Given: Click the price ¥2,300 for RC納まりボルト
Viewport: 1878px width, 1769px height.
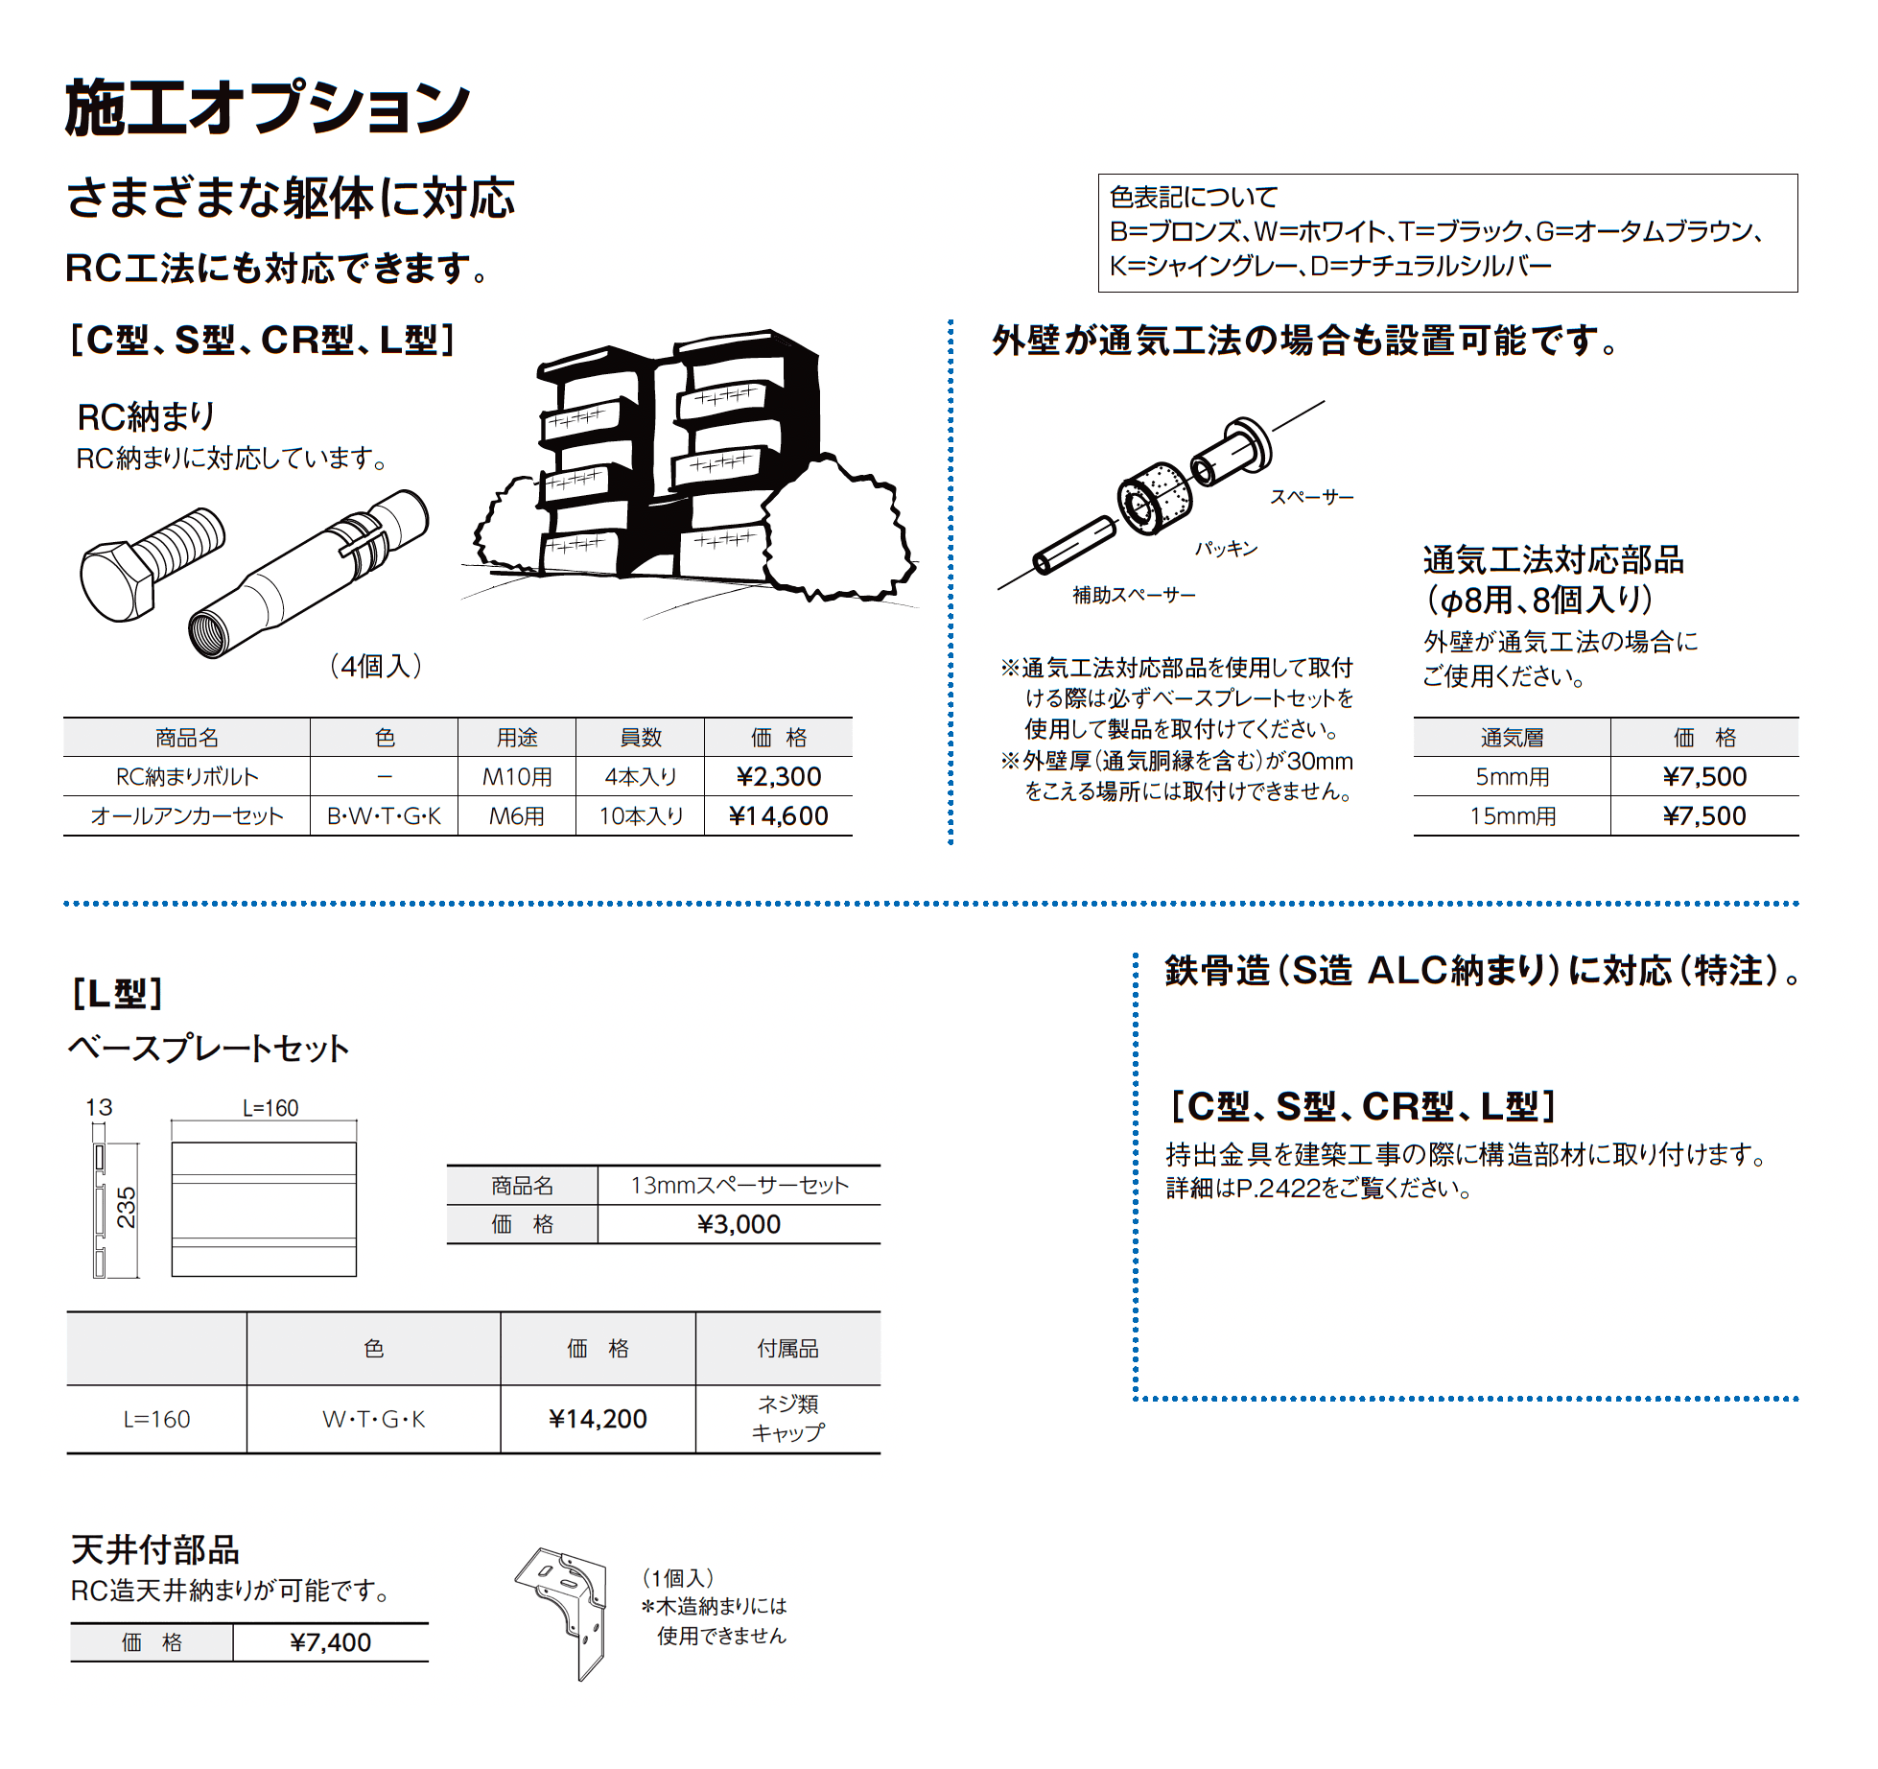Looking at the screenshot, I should (778, 777).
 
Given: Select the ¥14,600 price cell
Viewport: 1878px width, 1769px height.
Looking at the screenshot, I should (778, 816).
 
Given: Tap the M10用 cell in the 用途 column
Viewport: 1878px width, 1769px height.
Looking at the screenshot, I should (517, 777).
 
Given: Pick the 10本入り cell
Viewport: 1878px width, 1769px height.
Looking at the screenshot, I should (641, 816).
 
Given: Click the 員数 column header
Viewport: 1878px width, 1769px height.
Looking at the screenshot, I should (641, 738).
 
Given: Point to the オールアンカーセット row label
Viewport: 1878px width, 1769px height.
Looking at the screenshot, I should (187, 816).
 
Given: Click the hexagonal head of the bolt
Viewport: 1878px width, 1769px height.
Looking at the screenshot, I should (116, 581).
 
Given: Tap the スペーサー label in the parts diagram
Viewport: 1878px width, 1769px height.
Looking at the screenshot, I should (1311, 497).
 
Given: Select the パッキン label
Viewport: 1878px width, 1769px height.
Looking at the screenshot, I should (1226, 549).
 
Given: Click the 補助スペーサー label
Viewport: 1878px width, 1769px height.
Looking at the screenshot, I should (1134, 596).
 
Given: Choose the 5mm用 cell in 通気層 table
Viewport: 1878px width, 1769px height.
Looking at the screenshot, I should (1512, 777).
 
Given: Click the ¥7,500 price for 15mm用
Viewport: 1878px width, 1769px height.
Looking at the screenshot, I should (1703, 816).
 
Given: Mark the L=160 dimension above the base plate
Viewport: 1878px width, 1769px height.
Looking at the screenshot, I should (270, 1109).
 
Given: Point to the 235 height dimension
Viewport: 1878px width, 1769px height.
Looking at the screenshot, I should (127, 1207).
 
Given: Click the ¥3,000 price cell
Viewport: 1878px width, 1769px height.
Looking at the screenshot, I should (739, 1225).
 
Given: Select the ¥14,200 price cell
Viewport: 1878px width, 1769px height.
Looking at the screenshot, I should (598, 1419).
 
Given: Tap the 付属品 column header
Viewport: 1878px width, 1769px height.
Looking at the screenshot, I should (787, 1349).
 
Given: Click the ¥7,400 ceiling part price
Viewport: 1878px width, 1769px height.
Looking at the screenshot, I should (330, 1643).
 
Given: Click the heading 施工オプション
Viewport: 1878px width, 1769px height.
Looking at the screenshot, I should (268, 107).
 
